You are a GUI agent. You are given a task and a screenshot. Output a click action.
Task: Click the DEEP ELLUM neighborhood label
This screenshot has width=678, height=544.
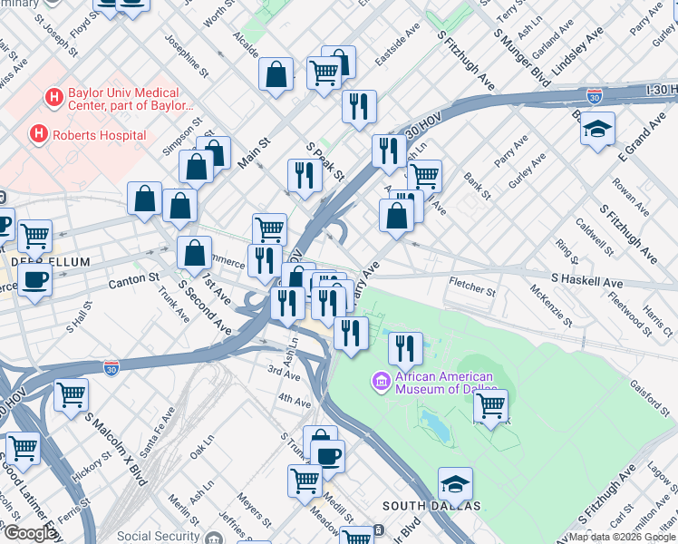50,262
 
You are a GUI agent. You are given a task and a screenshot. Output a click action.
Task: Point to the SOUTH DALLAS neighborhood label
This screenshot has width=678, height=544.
419,505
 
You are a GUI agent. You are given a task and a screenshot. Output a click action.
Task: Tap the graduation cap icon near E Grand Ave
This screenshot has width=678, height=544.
598,131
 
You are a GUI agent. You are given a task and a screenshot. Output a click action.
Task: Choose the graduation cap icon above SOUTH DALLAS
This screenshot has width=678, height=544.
455,484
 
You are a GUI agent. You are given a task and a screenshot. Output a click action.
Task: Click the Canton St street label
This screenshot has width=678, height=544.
134,280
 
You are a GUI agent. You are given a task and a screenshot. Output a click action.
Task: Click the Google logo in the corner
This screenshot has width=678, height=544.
30,533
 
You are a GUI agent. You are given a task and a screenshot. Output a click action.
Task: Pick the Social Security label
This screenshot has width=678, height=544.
159,536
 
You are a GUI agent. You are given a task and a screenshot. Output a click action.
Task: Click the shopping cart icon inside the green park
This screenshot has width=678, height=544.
490,407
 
